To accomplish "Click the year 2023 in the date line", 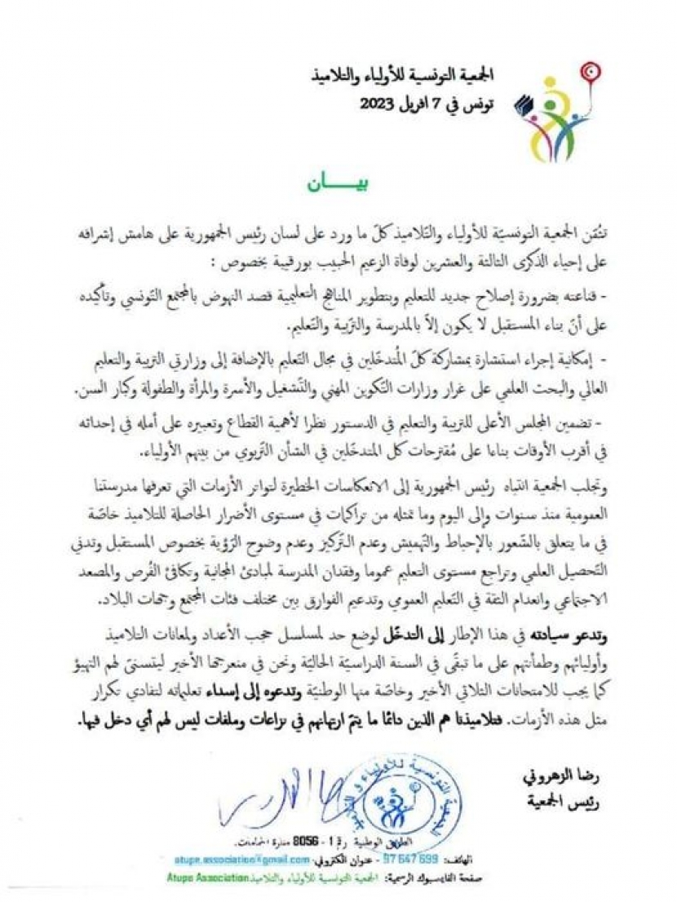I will click(x=378, y=104).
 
